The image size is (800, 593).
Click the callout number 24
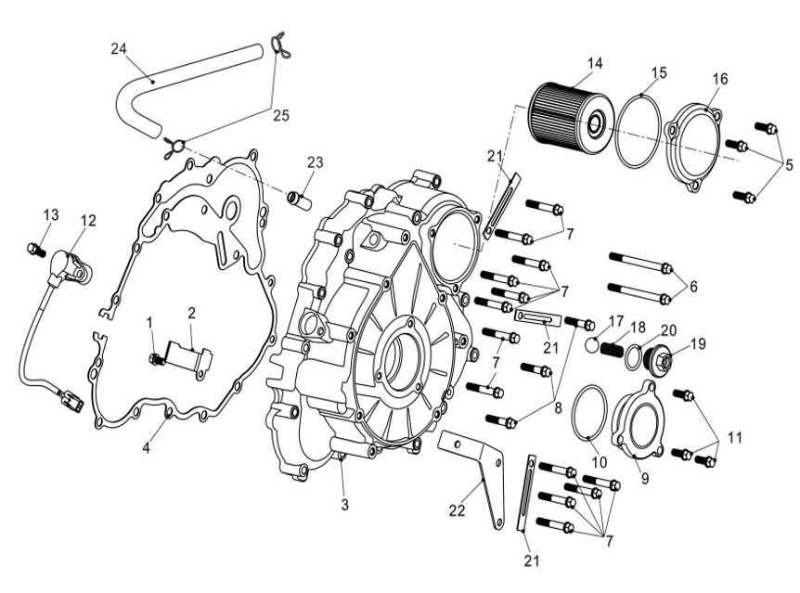point(118,49)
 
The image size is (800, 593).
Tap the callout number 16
point(720,80)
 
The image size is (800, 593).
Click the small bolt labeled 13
point(33,248)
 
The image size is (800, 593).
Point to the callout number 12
point(88,221)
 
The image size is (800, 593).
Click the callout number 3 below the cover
point(344,505)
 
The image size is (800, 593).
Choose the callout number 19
point(697,343)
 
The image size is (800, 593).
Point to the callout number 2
point(192,313)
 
